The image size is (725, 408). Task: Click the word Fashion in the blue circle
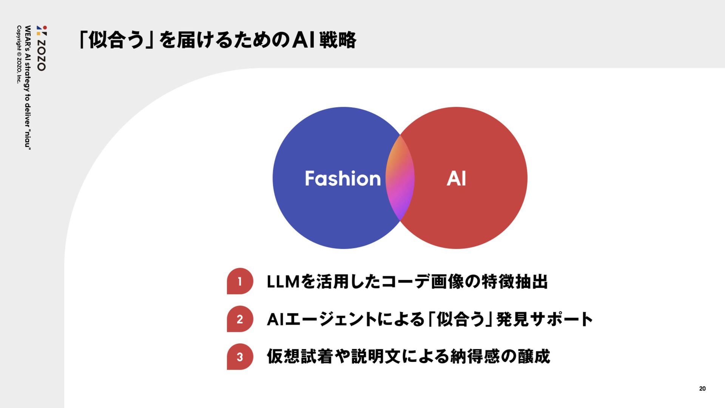click(342, 178)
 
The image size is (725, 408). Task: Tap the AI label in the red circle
click(456, 178)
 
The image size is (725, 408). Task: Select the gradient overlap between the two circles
click(400, 178)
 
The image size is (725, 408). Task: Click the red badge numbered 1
click(240, 281)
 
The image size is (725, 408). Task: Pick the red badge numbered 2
click(240, 319)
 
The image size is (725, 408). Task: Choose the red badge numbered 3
click(240, 357)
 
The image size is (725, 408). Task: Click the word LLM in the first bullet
click(283, 282)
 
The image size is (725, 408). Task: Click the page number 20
click(702, 389)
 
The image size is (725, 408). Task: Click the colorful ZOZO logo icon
click(42, 31)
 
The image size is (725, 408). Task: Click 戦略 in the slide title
click(338, 40)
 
